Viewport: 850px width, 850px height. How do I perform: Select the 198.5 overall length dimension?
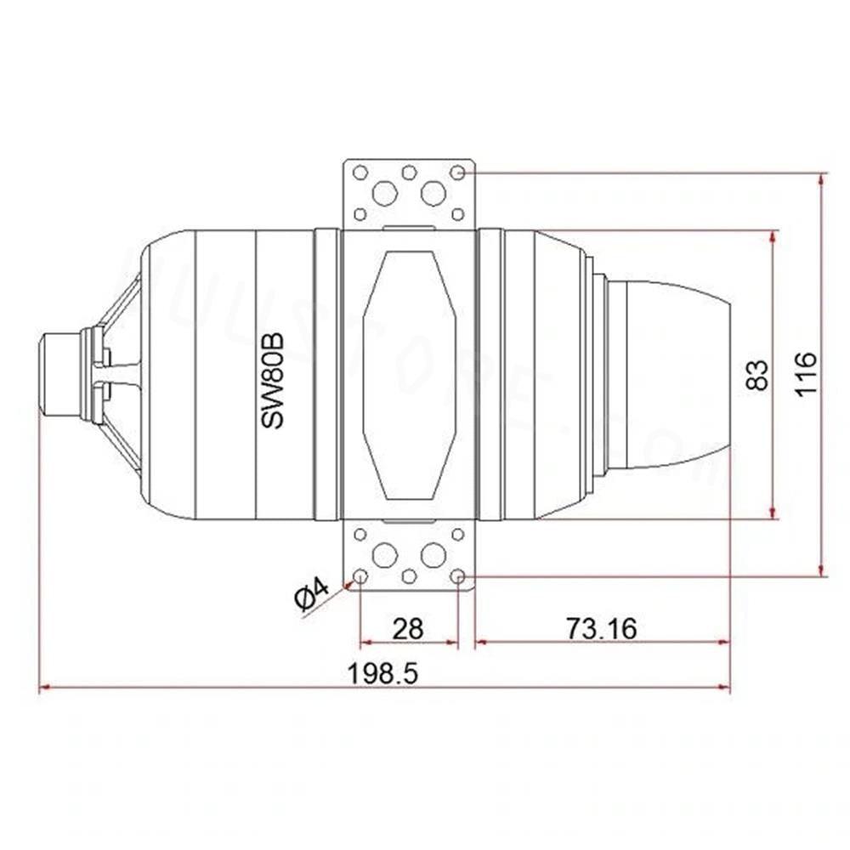tap(382, 674)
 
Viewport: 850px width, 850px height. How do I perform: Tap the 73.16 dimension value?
tap(602, 629)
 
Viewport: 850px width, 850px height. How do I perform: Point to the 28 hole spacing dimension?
tap(408, 629)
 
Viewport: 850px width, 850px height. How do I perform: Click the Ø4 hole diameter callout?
tap(312, 594)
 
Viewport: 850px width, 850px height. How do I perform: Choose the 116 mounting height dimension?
tap(806, 374)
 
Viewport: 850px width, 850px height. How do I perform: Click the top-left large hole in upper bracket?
tap(384, 194)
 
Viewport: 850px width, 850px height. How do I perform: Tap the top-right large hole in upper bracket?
tap(433, 193)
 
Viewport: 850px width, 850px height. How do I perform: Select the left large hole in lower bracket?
tap(385, 555)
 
